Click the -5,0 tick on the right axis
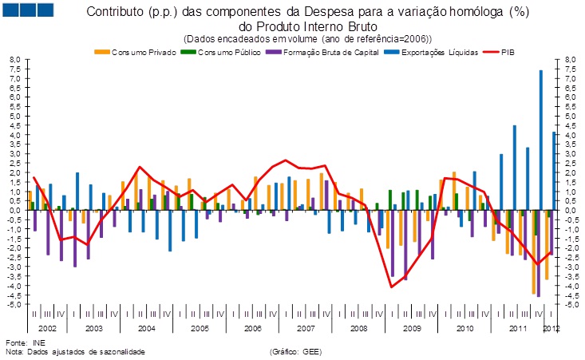(570, 304)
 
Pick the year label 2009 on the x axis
(411, 329)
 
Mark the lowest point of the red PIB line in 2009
(392, 287)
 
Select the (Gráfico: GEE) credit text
(296, 351)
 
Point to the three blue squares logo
(28, 10)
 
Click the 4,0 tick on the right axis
(570, 135)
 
